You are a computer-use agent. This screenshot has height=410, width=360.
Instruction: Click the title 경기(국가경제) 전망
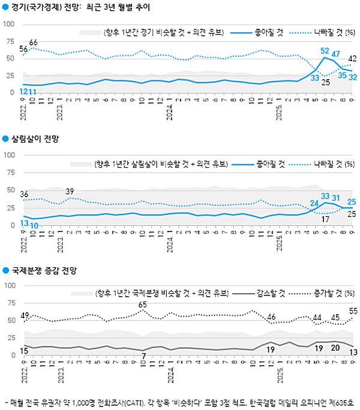(44, 8)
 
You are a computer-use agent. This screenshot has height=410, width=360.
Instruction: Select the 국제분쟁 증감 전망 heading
(47, 271)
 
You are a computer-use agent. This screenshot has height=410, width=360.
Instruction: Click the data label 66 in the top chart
(34, 42)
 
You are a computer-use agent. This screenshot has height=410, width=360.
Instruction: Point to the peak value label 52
(325, 51)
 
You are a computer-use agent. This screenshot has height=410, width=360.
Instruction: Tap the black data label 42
(353, 58)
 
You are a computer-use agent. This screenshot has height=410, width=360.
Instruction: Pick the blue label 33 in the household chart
(326, 196)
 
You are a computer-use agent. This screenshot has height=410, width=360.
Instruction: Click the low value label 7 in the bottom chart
(143, 357)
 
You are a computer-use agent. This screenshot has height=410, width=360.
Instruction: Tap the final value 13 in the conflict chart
(353, 352)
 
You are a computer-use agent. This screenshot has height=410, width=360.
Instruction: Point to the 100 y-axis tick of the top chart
(10, 23)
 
